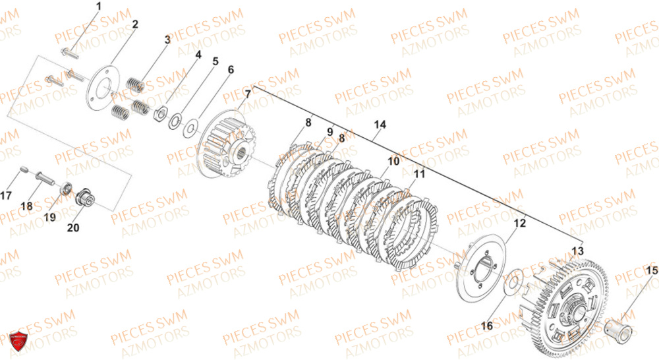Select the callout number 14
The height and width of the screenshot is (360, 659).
tap(380, 124)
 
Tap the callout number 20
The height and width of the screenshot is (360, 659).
tap(72, 227)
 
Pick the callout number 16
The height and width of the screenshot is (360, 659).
tap(486, 325)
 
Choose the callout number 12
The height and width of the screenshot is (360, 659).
tap(520, 224)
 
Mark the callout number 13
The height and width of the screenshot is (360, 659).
tap(577, 251)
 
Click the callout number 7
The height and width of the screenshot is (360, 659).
tap(248, 94)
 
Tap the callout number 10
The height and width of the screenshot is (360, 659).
tap(393, 161)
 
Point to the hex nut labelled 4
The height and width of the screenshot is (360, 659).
tap(159, 115)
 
